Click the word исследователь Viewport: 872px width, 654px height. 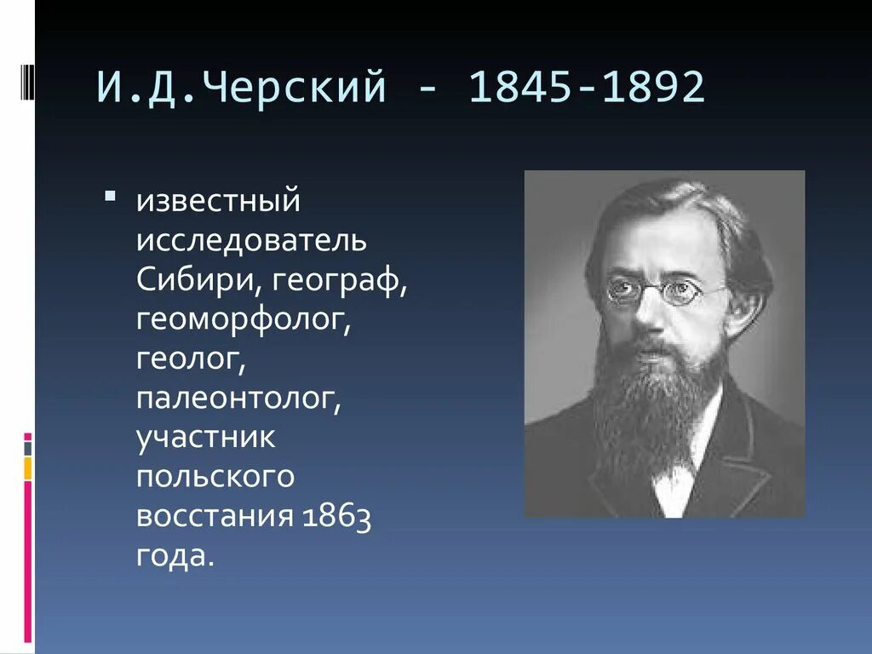pyautogui.click(x=251, y=240)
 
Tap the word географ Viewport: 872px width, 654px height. pyautogui.click(x=346, y=279)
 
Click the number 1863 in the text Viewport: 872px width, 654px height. pyautogui.click(x=335, y=516)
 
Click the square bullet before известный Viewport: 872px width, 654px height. pyautogui.click(x=110, y=198)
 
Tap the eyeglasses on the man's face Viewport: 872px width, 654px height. pyautogui.click(x=652, y=291)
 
